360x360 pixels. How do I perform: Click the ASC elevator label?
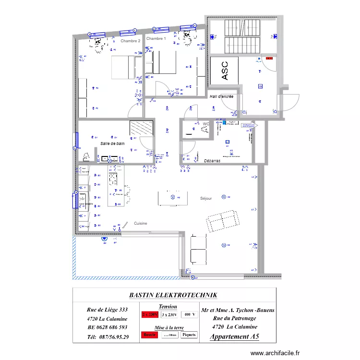[x=225, y=70]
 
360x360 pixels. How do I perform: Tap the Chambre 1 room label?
[x=156, y=38]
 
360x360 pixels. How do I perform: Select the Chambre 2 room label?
[x=131, y=41]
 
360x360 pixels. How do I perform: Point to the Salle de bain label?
[x=112, y=144]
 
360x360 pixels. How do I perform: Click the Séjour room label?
[x=206, y=198]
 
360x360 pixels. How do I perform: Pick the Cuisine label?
[x=141, y=224]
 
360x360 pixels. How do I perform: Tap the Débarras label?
[x=212, y=160]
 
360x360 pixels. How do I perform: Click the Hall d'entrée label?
[x=222, y=96]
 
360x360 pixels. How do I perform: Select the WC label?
[x=206, y=124]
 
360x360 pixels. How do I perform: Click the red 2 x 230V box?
[x=150, y=315]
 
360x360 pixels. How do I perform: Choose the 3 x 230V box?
[x=169, y=315]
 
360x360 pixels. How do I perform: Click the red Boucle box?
[x=150, y=335]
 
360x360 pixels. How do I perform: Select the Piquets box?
[x=189, y=335]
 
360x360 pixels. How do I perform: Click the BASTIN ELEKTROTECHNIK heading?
[x=173, y=295]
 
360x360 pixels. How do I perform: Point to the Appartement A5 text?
[x=234, y=336]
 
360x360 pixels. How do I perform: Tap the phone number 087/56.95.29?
[x=108, y=336]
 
